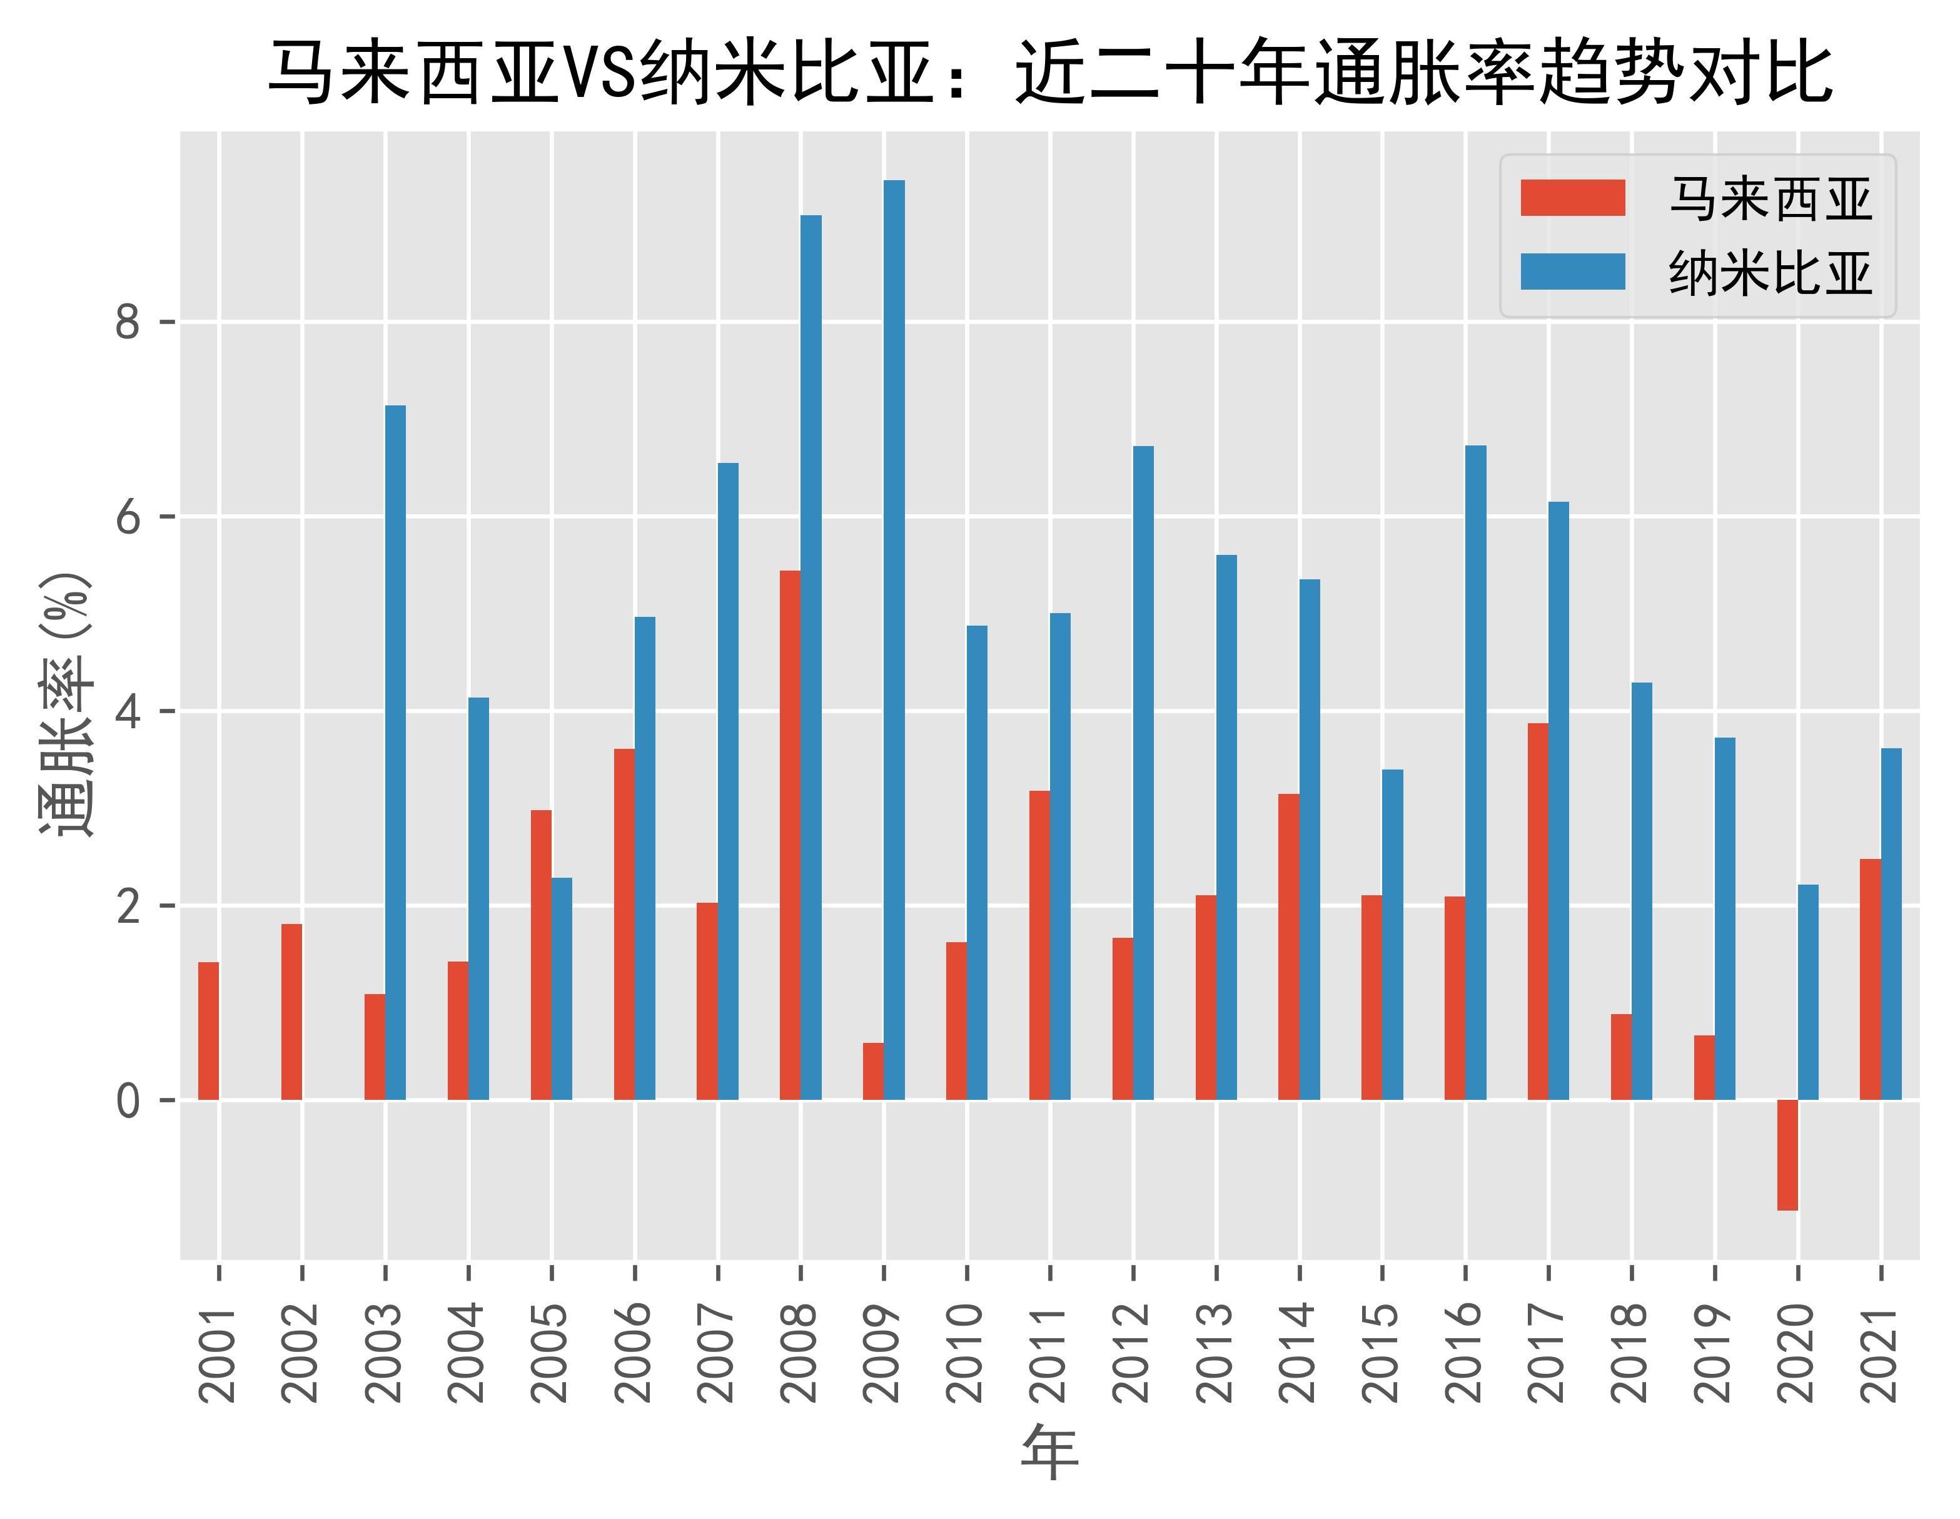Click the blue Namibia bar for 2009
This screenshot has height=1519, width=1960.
click(x=894, y=639)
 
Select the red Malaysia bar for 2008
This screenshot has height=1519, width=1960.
click(x=790, y=835)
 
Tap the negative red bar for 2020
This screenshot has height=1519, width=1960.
click(x=1787, y=1154)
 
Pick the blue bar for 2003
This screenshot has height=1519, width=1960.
click(x=395, y=753)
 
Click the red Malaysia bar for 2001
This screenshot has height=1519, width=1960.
click(x=208, y=1030)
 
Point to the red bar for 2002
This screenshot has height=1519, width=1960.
click(x=291, y=1012)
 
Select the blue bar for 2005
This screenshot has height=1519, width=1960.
click(x=562, y=988)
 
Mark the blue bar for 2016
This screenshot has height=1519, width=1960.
click(x=1475, y=772)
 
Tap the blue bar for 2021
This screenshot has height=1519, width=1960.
click(x=1891, y=924)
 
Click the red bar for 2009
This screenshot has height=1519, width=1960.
click(x=873, y=1071)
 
